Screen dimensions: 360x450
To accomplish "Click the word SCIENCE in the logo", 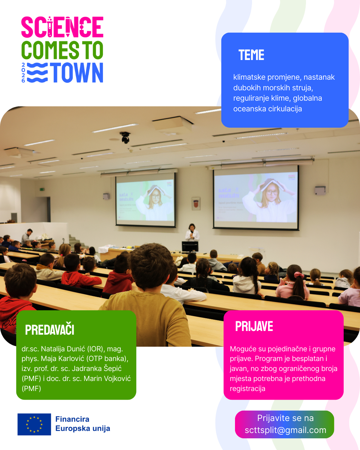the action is coord(62,27).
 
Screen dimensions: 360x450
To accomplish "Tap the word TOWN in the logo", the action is coord(77,72).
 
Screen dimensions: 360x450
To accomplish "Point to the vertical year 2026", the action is coord(23,72).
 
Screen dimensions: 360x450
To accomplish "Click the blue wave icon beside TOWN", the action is coord(37,72).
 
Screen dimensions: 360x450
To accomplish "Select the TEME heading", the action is coord(251,55).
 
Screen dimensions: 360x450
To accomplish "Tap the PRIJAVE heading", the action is coord(254,326).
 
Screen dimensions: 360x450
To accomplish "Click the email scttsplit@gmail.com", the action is coord(286,430).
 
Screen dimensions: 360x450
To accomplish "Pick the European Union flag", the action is coord(34,424).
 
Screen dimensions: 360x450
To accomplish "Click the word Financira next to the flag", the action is coord(72,419).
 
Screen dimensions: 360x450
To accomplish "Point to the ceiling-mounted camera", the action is coord(125,137).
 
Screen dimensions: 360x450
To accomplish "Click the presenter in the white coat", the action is coord(192,233).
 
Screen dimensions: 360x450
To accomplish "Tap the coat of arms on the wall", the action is coord(196,204).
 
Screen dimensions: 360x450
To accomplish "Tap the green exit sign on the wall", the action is coord(42,189).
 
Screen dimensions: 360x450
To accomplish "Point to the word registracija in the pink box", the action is coord(248,389).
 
